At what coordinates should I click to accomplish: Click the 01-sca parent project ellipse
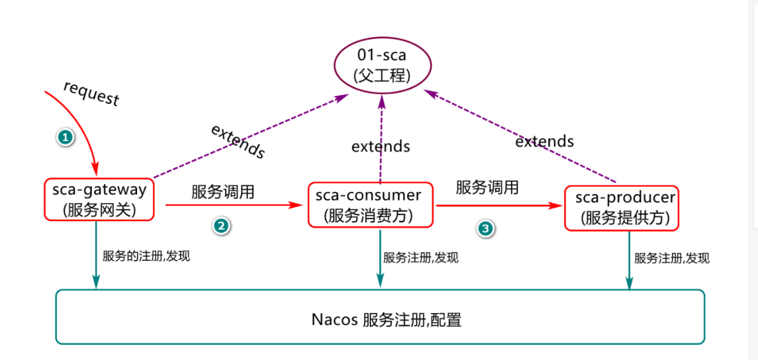click(382, 65)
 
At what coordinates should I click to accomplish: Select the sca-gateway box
click(99, 199)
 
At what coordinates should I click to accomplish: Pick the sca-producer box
click(621, 208)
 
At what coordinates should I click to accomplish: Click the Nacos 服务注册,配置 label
click(387, 320)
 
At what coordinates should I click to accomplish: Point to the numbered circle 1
click(65, 137)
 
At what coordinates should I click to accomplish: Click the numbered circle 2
click(221, 226)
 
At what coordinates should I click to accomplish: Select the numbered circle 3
click(485, 228)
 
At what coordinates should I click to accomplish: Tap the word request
click(91, 93)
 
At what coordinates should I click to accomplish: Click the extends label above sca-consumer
click(381, 146)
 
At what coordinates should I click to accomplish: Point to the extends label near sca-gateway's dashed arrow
click(238, 141)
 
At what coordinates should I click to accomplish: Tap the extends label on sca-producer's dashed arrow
click(544, 141)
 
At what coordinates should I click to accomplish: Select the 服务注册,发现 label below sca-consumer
click(420, 257)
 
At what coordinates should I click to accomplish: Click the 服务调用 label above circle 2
click(222, 192)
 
